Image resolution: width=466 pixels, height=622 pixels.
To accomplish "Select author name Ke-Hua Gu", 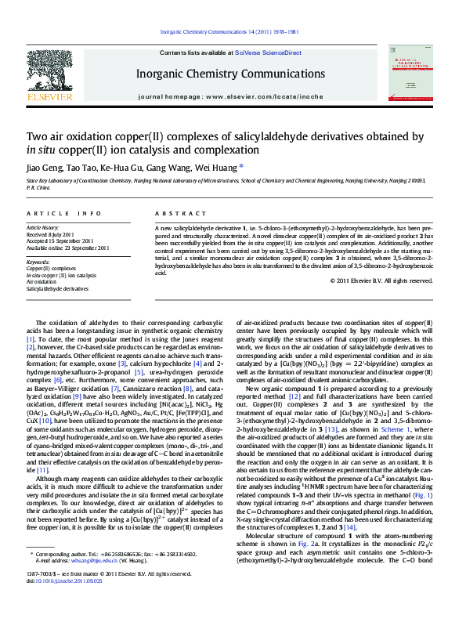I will point(119,167).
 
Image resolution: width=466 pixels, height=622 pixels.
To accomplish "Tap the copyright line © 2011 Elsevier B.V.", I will point(381,280).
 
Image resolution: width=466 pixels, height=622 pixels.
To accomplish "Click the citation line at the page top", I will point(229,31).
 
